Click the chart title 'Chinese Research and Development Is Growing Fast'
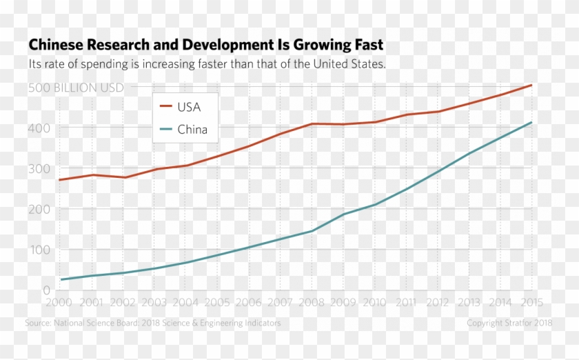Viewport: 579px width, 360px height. [205, 46]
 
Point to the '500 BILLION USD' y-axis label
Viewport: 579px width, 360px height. [76, 88]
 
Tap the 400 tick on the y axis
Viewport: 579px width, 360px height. [39, 128]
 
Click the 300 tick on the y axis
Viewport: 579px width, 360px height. [39, 168]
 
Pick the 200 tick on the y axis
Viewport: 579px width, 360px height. [39, 209]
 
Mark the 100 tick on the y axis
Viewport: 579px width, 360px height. [39, 250]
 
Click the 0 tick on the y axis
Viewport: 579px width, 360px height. [46, 290]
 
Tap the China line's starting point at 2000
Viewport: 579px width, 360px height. [61, 280]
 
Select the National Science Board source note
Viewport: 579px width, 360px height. [153, 323]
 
